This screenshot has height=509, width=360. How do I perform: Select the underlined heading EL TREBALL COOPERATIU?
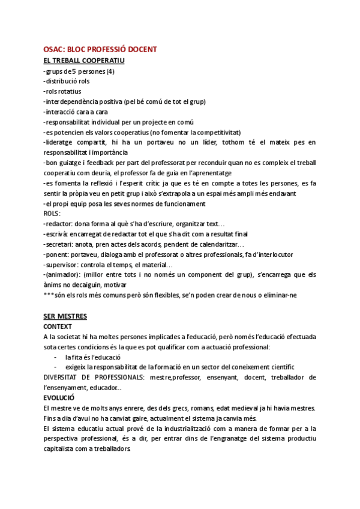coord(83,61)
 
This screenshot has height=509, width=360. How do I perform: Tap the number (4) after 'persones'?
coord(110,71)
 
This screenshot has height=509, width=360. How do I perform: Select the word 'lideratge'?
coord(60,142)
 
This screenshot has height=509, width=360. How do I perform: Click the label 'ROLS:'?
coord(52,213)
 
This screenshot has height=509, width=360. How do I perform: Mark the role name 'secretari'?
coord(59,244)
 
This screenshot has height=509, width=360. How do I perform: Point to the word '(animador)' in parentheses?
coord(62,274)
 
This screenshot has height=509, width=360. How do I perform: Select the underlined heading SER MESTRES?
coord(65,316)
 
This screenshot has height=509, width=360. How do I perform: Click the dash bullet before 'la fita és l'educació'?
coord(55,357)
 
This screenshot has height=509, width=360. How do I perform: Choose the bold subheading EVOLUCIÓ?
coord(59,397)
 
